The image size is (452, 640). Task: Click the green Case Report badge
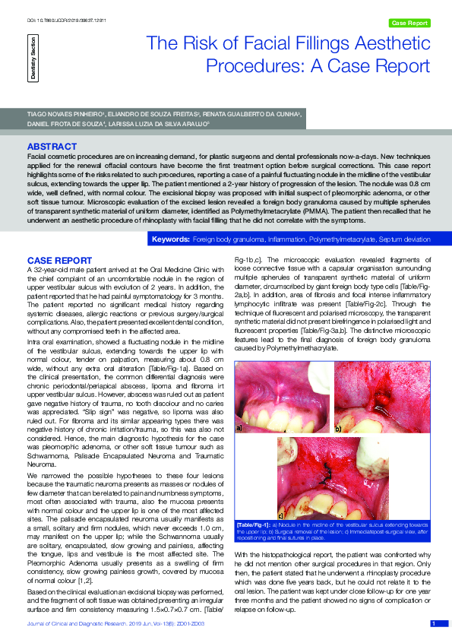(x=409, y=24)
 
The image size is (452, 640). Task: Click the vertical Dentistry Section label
(x=33, y=57)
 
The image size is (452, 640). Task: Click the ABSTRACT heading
(x=51, y=145)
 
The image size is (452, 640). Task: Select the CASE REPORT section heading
(x=59, y=260)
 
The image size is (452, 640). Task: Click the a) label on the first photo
(x=240, y=428)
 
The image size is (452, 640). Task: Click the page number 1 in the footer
(x=433, y=623)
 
